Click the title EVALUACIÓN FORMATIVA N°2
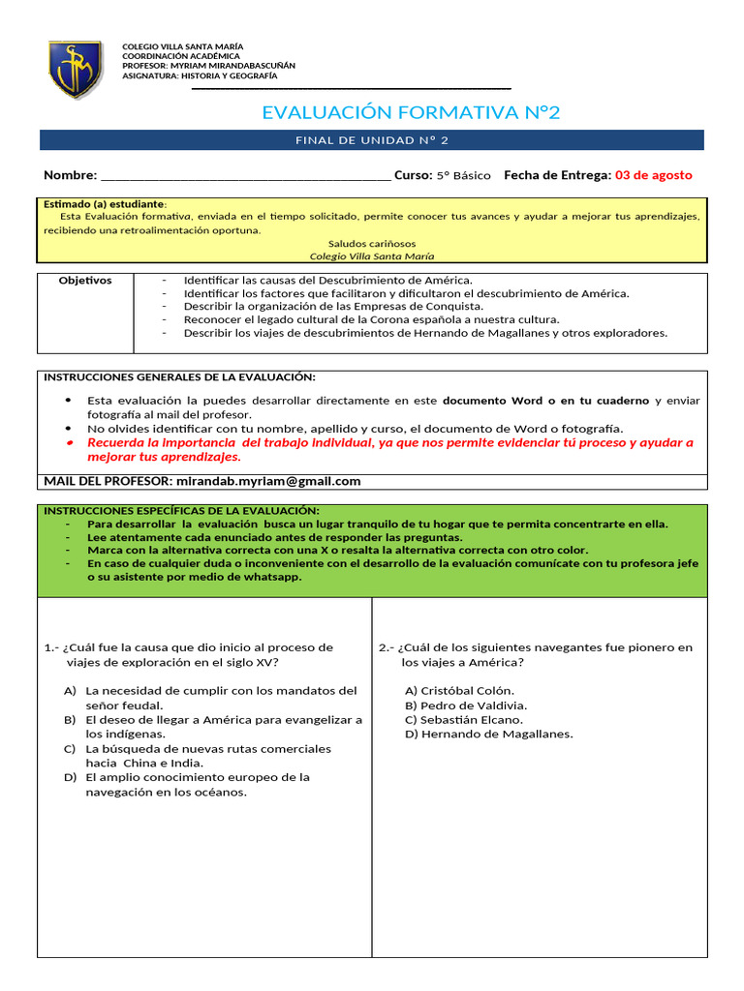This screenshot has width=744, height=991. coord(411,113)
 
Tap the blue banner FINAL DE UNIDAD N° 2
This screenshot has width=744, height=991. coord(372,140)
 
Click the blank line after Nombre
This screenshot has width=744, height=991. coord(245,176)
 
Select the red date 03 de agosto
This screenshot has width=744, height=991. coord(653,175)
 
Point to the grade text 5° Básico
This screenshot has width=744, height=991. coord(463,176)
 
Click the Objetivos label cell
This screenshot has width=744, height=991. coord(85,281)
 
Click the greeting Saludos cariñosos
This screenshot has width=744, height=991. coord(372,243)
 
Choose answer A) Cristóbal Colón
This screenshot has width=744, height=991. coord(459,691)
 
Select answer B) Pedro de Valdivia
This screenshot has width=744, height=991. coord(466,706)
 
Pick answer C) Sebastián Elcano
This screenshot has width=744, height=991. coord(463,720)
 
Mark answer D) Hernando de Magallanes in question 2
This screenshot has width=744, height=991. coord(488,734)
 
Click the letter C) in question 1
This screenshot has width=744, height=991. coord(70,749)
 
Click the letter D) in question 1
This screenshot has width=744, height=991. coord(70,777)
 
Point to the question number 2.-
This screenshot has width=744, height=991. coord(386,647)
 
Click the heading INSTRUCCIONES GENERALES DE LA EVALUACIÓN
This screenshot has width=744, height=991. coord(179,376)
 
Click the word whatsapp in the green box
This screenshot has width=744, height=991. coord(273,577)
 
